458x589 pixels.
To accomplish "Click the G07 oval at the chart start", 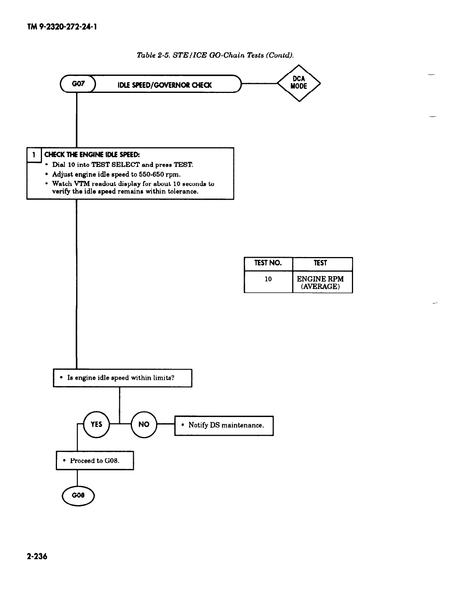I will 78,85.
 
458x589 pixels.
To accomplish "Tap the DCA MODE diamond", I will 299,83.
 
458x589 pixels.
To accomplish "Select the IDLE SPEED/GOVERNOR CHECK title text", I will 165,85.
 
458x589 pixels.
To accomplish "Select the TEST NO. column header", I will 268,263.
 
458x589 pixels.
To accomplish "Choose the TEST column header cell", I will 322,263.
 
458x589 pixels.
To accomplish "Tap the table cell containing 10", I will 268,279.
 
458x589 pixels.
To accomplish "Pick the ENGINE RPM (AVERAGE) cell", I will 321,283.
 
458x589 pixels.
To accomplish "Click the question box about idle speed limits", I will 122,378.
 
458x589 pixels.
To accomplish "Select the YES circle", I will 96,424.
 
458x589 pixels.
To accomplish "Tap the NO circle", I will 144,424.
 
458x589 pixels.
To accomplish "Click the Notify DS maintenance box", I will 224,425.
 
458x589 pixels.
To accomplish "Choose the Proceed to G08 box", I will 94,460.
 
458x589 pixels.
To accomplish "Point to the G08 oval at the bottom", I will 78,495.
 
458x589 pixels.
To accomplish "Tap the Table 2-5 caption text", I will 215,55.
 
